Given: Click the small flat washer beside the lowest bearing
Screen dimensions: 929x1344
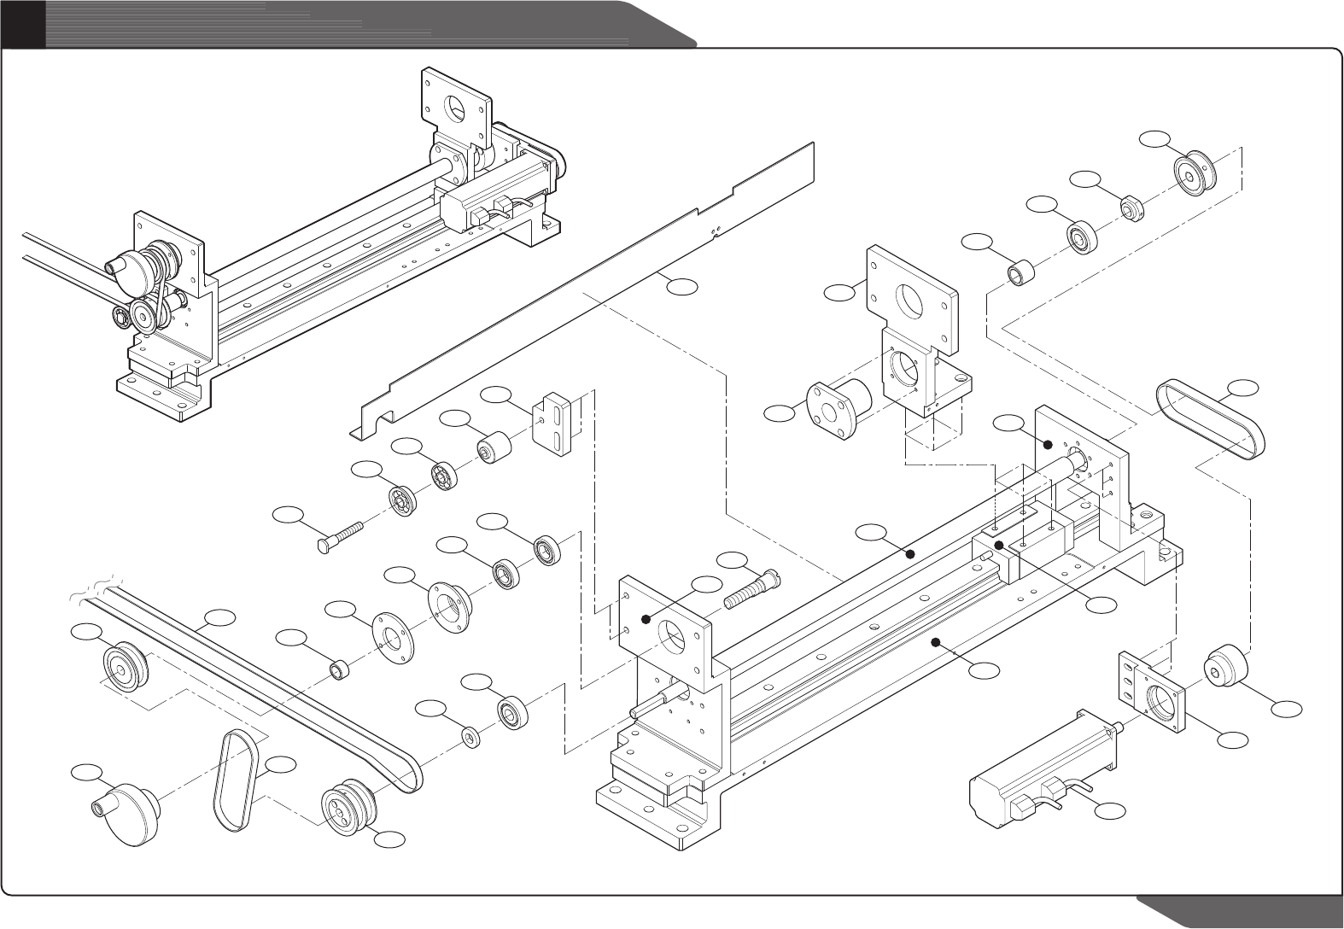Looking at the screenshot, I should point(470,736).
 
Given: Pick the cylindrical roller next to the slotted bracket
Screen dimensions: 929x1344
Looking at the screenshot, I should point(493,447).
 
